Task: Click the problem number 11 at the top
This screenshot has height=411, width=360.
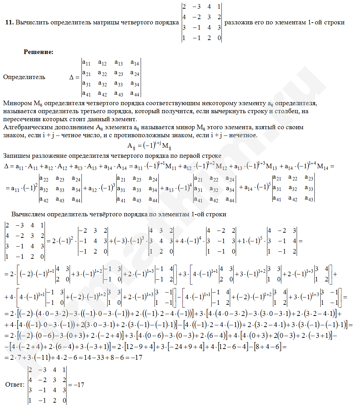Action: tap(9, 22)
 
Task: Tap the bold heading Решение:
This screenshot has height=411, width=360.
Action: tap(38, 52)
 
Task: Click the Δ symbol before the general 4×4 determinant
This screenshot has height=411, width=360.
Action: tap(72, 77)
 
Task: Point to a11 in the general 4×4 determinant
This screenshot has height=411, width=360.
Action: tap(86, 63)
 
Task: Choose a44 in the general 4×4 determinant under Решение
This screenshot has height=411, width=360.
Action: tap(135, 94)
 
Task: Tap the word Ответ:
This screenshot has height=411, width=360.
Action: tap(15, 385)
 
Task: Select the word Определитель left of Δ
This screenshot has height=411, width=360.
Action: tap(24, 77)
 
